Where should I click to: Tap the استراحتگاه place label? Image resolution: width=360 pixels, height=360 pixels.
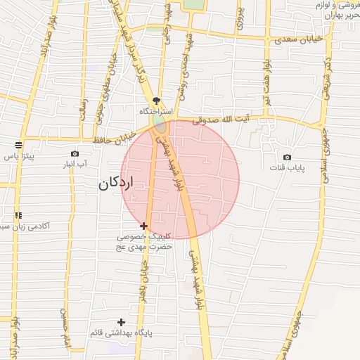point(155,112)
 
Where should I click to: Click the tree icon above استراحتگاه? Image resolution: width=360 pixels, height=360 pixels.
point(155,101)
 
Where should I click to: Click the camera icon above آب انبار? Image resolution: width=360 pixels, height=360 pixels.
point(75,153)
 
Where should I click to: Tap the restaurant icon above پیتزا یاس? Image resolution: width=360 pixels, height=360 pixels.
point(18,146)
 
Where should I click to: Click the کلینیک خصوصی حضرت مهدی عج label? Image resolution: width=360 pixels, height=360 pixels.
point(144,242)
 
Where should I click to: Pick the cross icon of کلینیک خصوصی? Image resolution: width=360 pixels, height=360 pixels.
point(144,226)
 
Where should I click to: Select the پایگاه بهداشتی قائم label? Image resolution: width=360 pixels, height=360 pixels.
point(121,332)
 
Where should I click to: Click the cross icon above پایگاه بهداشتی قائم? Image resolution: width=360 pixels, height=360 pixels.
point(121,321)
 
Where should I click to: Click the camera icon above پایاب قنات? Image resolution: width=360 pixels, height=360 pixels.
point(287,157)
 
